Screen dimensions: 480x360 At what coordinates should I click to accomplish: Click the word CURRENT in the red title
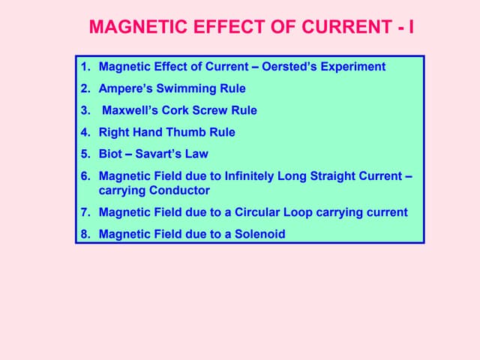click(346, 27)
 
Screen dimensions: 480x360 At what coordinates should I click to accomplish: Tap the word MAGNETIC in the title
click(138, 27)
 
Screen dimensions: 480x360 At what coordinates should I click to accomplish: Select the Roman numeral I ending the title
click(411, 27)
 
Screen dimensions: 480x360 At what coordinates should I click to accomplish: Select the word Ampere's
click(125, 88)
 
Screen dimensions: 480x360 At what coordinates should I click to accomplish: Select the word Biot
click(110, 154)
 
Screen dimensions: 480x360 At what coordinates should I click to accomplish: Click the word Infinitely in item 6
click(249, 176)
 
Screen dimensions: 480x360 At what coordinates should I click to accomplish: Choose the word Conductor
click(179, 190)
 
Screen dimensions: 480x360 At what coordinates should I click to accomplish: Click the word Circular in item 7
click(257, 212)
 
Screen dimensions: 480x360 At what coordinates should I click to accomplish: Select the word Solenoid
click(260, 234)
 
